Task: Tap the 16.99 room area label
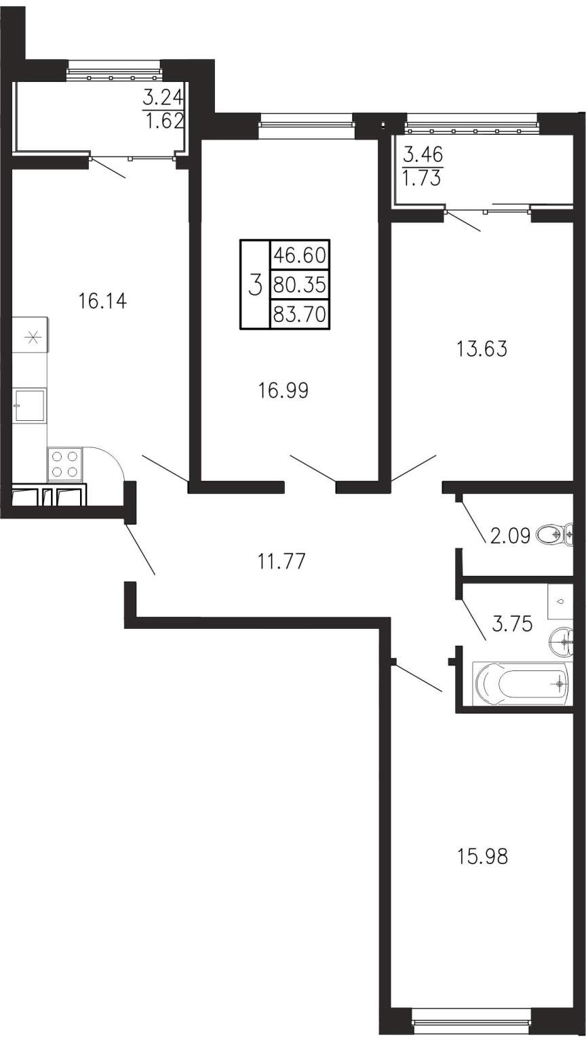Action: click(284, 391)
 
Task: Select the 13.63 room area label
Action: click(482, 349)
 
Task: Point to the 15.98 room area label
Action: click(482, 857)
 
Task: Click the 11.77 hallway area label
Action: click(282, 561)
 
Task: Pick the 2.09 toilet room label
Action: click(510, 537)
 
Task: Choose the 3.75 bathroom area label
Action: click(512, 624)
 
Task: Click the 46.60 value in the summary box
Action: click(300, 255)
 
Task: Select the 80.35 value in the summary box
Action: click(300, 285)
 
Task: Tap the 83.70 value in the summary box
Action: click(300, 314)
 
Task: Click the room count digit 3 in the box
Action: click(255, 285)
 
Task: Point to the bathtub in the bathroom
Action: click(520, 682)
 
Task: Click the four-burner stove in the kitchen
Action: click(64, 464)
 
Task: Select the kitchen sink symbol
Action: click(30, 405)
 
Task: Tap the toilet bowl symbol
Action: click(555, 535)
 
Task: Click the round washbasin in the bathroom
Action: click(562, 642)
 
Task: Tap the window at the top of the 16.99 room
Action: click(306, 124)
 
